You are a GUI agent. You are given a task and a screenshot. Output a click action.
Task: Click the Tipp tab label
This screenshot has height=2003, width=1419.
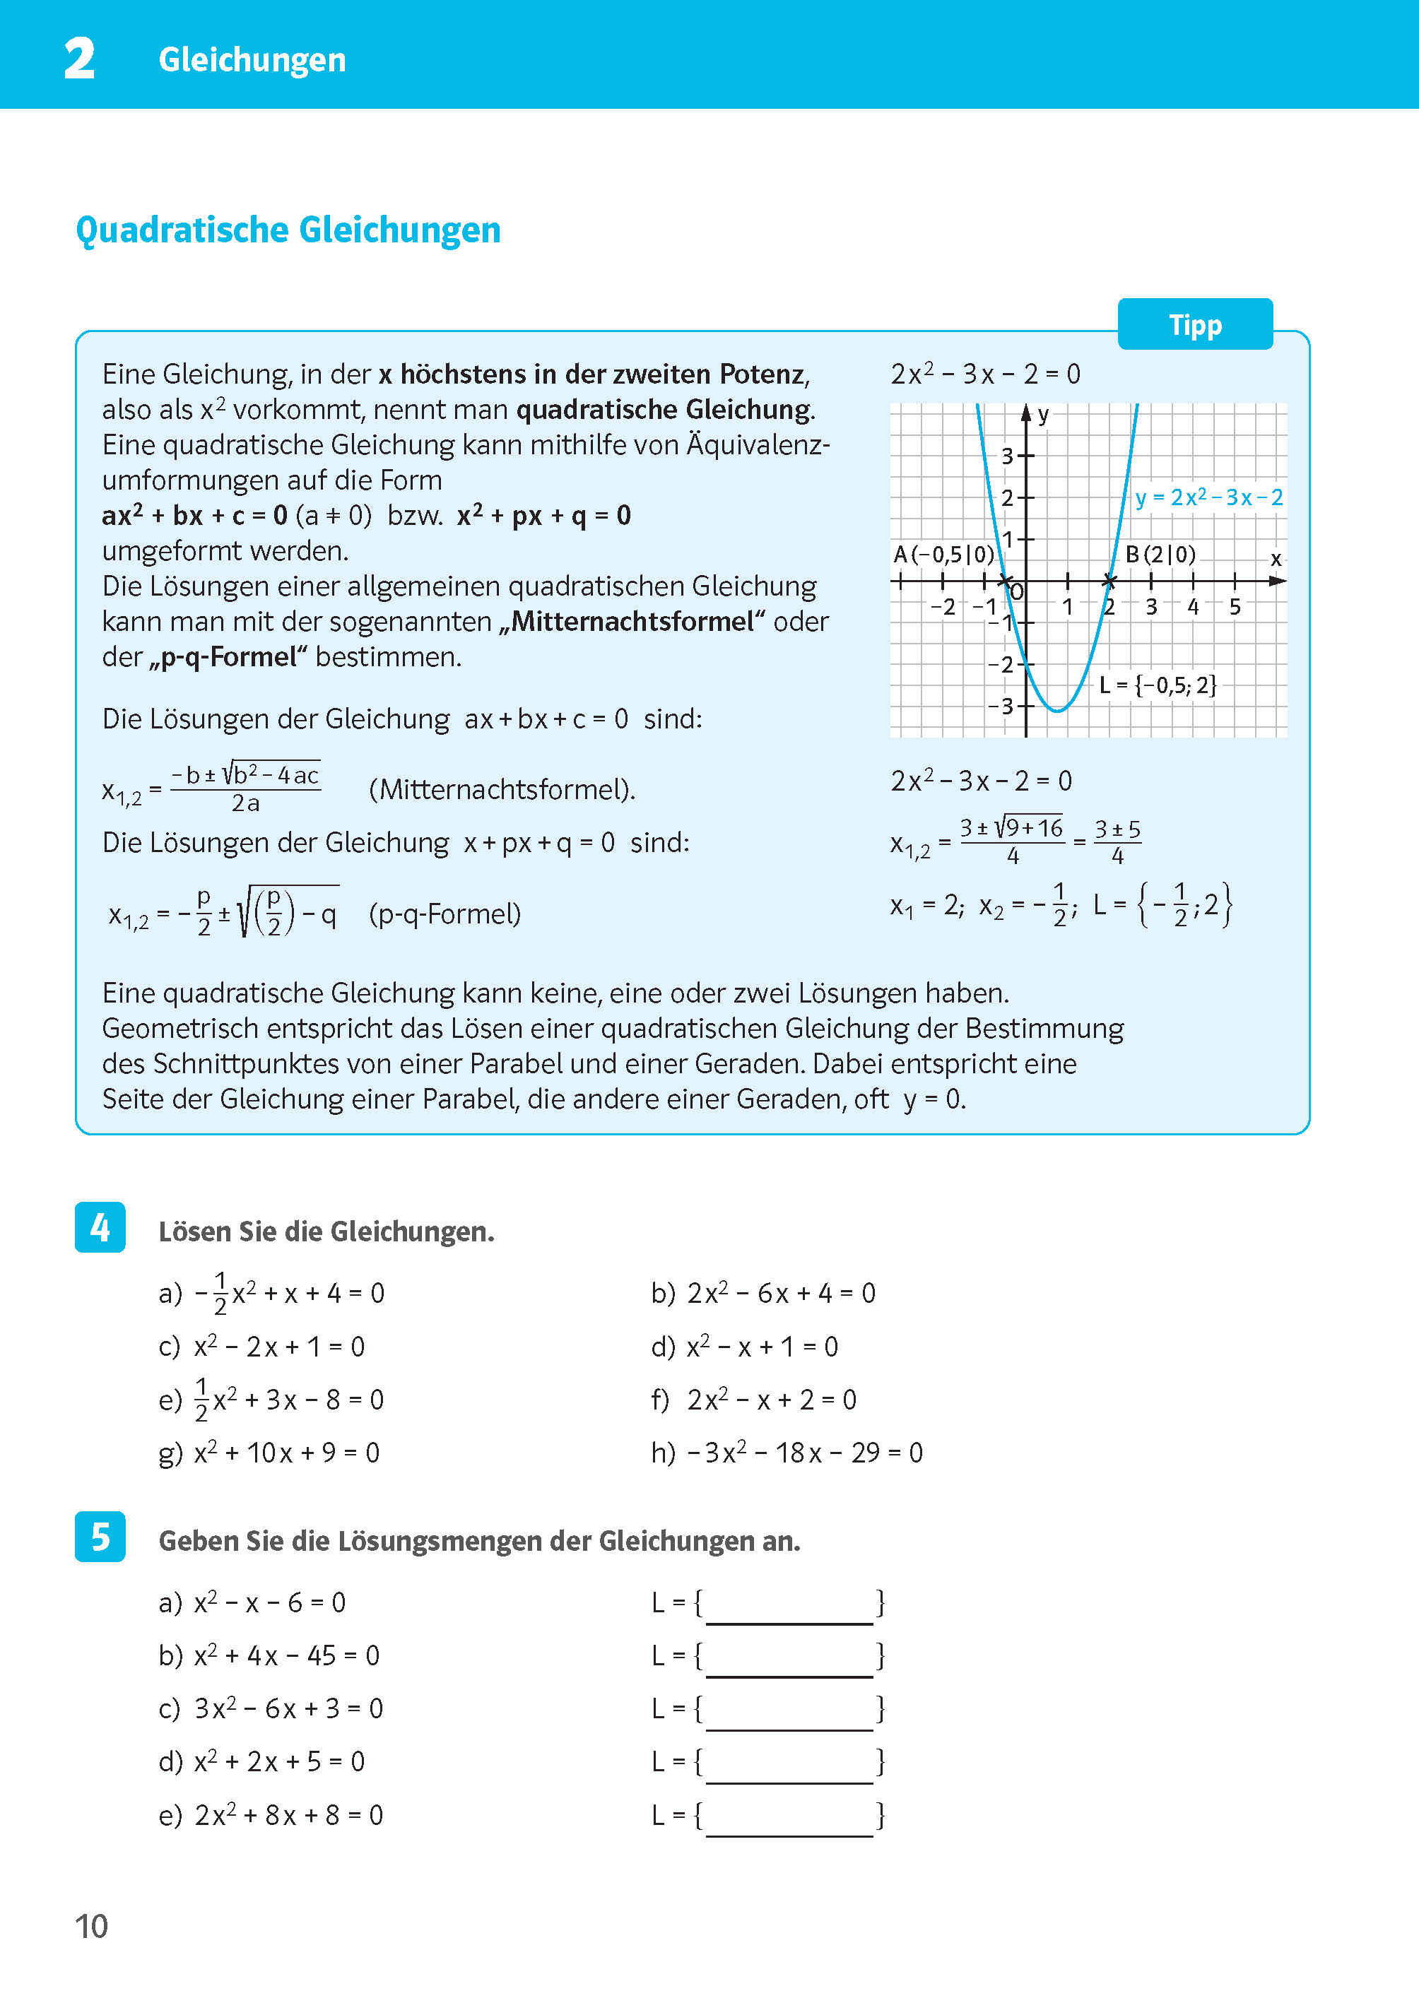(x=1194, y=325)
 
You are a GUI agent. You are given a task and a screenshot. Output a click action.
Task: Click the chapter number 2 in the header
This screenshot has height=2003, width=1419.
(x=80, y=60)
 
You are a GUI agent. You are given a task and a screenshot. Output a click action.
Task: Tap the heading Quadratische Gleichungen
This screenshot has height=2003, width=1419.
(x=288, y=230)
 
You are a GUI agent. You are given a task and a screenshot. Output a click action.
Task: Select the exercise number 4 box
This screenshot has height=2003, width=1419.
(x=100, y=1227)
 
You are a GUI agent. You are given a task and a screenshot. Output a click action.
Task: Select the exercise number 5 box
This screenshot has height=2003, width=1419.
(x=100, y=1537)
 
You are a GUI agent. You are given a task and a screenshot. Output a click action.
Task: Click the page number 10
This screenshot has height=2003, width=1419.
(x=91, y=1926)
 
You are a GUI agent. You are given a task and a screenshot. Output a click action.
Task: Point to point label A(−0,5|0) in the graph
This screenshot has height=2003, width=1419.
(x=943, y=555)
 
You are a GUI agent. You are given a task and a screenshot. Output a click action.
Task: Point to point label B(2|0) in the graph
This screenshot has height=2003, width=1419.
(x=1160, y=555)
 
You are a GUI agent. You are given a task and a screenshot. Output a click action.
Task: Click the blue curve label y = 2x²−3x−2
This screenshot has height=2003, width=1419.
(x=1208, y=498)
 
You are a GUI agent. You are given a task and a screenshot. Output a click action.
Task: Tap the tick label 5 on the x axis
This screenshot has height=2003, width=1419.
(x=1234, y=606)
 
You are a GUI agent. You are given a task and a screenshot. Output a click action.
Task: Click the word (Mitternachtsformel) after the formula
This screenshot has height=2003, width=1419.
(x=502, y=790)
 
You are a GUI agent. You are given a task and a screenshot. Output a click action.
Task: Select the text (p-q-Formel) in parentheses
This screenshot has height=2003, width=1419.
(x=444, y=914)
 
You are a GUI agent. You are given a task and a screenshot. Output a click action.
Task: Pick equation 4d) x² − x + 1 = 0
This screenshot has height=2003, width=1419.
(x=761, y=1346)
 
